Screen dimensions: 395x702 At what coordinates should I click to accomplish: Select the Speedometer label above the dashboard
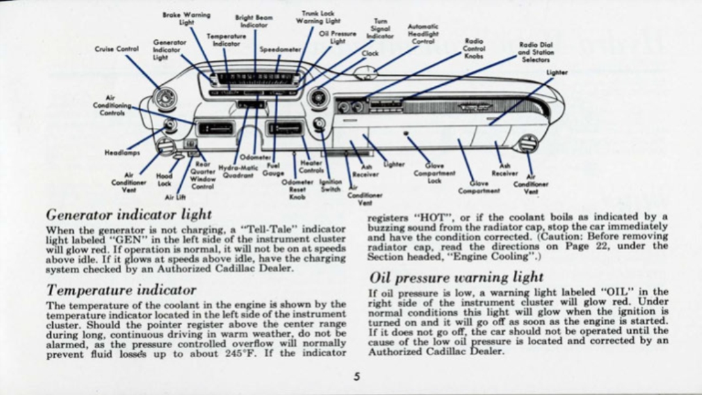coord(279,49)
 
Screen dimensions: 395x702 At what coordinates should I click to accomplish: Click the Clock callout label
coord(370,54)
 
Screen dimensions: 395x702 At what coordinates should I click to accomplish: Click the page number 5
coord(357,376)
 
